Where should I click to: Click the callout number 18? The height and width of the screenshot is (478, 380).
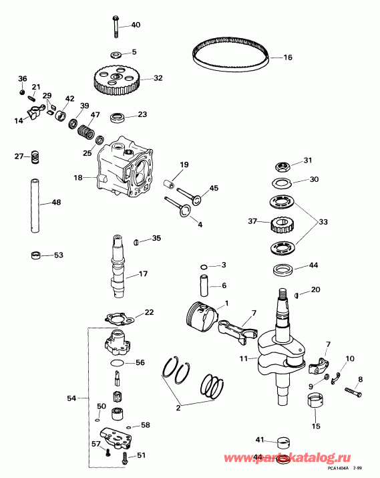pyautogui.click(x=79, y=178)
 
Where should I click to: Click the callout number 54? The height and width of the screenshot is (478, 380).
pyautogui.click(x=71, y=399)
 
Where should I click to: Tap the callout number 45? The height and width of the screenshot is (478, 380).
pyautogui.click(x=214, y=188)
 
